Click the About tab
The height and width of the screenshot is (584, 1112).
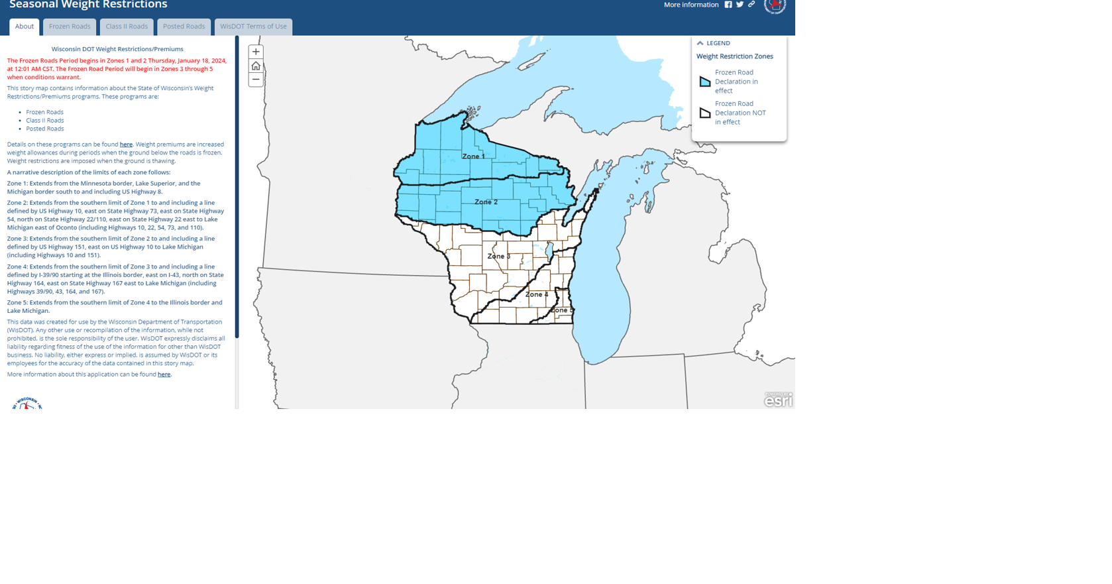click(x=25, y=27)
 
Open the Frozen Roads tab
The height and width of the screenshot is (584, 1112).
click(x=70, y=27)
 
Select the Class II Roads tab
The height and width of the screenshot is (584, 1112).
click(x=127, y=27)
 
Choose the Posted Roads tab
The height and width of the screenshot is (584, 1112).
click(x=184, y=27)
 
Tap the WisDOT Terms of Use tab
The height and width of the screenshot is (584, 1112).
click(x=253, y=27)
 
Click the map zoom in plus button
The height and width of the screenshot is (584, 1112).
click(x=256, y=52)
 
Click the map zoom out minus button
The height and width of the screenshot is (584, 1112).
click(x=256, y=80)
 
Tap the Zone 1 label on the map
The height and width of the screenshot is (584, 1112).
click(x=473, y=156)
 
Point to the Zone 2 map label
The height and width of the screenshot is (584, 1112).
click(x=486, y=202)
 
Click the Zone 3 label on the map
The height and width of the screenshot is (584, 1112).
click(x=498, y=256)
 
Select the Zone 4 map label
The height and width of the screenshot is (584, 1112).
click(x=537, y=294)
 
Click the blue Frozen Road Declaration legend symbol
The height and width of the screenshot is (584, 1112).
click(x=705, y=82)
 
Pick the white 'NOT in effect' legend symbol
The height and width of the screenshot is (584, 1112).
click(x=705, y=113)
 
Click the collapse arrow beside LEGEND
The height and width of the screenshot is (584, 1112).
click(x=700, y=43)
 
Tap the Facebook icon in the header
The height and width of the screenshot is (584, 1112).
click(x=728, y=5)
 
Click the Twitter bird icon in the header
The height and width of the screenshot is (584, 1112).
click(x=740, y=5)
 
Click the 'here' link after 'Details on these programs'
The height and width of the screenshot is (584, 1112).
click(x=126, y=145)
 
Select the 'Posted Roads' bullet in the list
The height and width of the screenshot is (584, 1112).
click(x=45, y=129)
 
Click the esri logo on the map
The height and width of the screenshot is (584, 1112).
click(x=778, y=400)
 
